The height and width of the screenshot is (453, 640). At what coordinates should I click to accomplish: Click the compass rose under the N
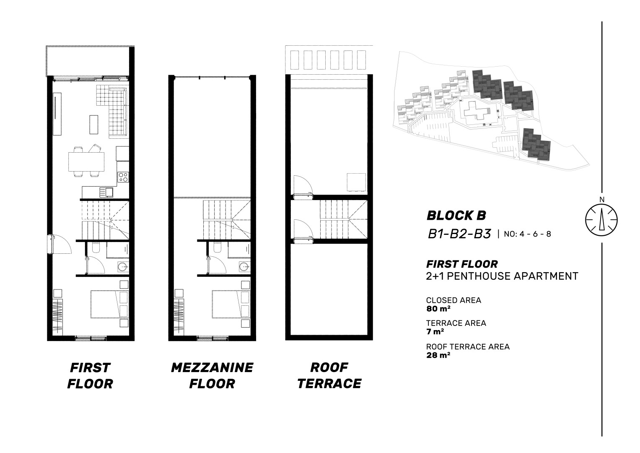click(x=601, y=220)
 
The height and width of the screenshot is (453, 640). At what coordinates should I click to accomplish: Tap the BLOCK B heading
click(x=456, y=216)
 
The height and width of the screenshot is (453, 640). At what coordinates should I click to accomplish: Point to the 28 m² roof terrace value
click(x=438, y=355)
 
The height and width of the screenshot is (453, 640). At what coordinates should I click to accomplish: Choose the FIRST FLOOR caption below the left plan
click(x=90, y=375)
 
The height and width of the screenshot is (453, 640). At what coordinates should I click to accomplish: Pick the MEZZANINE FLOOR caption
click(x=212, y=375)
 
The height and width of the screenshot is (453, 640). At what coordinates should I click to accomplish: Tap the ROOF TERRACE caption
click(x=329, y=375)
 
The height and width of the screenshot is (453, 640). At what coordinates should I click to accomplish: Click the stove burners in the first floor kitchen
click(x=123, y=177)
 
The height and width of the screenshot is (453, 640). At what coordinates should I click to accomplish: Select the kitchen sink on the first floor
click(x=106, y=192)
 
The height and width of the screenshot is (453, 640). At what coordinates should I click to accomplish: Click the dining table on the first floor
click(x=86, y=161)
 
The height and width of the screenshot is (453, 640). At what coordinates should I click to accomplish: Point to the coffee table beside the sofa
click(x=94, y=125)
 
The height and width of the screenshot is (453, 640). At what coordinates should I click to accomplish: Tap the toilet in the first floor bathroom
click(x=96, y=247)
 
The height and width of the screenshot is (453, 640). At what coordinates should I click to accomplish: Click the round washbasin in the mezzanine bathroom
click(x=245, y=268)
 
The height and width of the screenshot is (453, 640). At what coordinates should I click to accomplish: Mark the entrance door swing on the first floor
click(x=61, y=244)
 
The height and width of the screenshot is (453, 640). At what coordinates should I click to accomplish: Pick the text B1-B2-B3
click(x=459, y=234)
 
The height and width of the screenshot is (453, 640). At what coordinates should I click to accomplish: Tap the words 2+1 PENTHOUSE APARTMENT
click(x=502, y=276)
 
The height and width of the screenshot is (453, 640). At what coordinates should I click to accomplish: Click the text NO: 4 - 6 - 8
click(x=527, y=234)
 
